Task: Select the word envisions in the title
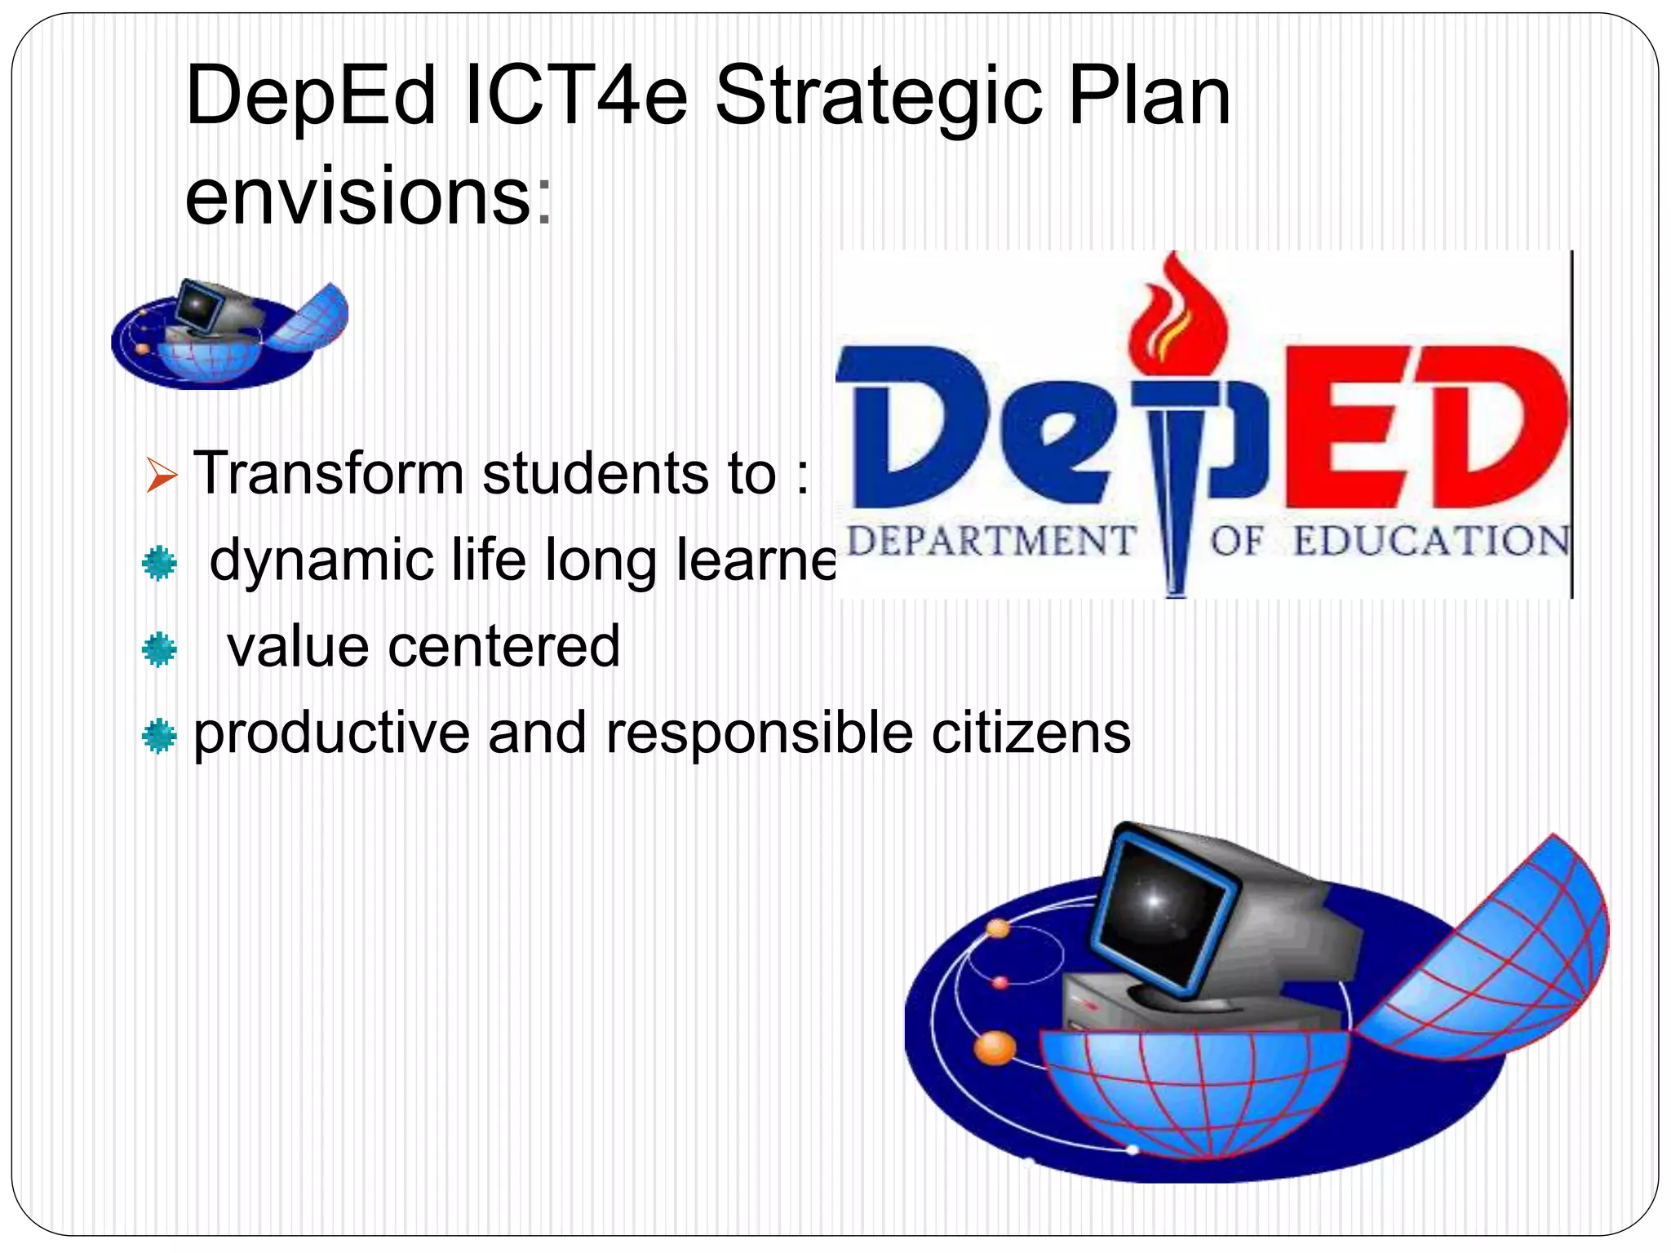[x=359, y=196]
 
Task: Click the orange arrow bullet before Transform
[x=161, y=475]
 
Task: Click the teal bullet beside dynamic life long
[x=159, y=563]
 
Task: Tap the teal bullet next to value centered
[x=159, y=649]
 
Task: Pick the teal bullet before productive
[x=159, y=736]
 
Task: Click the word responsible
[x=759, y=733]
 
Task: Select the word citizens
[x=1031, y=733]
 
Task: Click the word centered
[x=503, y=646]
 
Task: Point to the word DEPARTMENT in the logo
[x=991, y=541]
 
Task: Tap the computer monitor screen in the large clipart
[x=1159, y=905]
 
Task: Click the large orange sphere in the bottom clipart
[x=995, y=1047]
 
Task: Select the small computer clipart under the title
[x=229, y=334]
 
